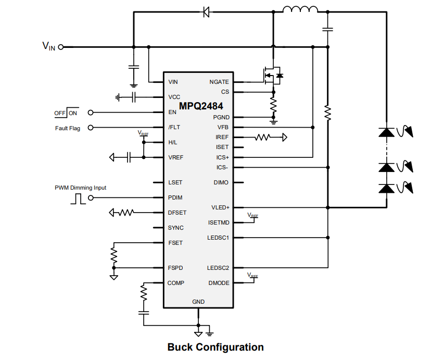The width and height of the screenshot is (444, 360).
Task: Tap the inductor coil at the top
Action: pos(300,9)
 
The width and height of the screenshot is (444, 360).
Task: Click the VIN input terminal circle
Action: pos(61,47)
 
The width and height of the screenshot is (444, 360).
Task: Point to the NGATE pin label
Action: pos(219,82)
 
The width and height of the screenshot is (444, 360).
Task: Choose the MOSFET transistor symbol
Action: pos(271,76)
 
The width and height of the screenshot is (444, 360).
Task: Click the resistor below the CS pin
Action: pos(273,104)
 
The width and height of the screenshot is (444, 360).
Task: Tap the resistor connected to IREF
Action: pos(263,138)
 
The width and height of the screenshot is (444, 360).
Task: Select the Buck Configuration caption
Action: pos(215,347)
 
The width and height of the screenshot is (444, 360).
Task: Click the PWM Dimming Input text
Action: pos(81,188)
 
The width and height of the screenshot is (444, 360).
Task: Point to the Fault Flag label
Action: pos(68,128)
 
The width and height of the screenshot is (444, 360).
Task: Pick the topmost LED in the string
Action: pos(386,132)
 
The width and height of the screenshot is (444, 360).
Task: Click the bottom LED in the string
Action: pos(386,188)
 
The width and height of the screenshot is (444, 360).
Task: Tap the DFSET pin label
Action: pos(177,213)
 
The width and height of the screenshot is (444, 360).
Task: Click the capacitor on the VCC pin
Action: pos(134,97)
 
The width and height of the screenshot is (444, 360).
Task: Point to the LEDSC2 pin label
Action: pos(218,268)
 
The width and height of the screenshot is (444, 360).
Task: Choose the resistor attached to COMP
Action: pos(144,294)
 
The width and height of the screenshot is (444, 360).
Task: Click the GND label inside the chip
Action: pos(198,302)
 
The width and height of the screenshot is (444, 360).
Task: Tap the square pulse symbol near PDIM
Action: pos(79,198)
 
